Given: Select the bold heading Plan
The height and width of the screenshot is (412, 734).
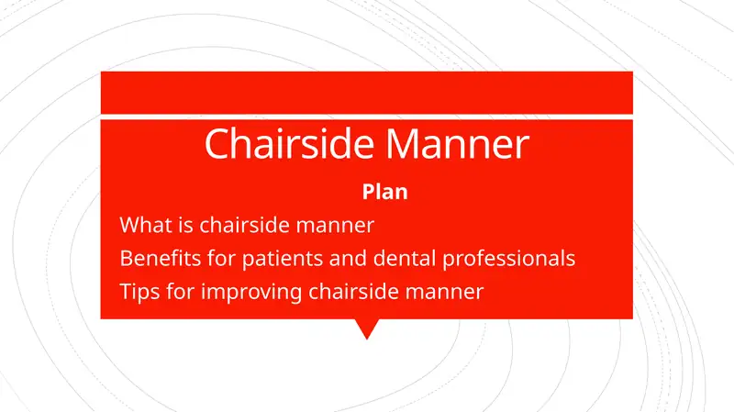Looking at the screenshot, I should tap(385, 193).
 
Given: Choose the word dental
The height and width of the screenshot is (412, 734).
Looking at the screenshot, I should tap(398, 258).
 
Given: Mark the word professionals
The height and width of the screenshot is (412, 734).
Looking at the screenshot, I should tap(509, 258).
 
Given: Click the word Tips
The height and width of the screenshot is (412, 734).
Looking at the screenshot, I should tap(139, 292).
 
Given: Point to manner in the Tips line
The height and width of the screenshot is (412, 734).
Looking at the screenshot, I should tap(442, 292).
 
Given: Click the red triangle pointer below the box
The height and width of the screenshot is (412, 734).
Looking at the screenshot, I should tap(366, 328).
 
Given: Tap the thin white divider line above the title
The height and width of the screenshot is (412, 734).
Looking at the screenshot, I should tap(366, 117).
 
